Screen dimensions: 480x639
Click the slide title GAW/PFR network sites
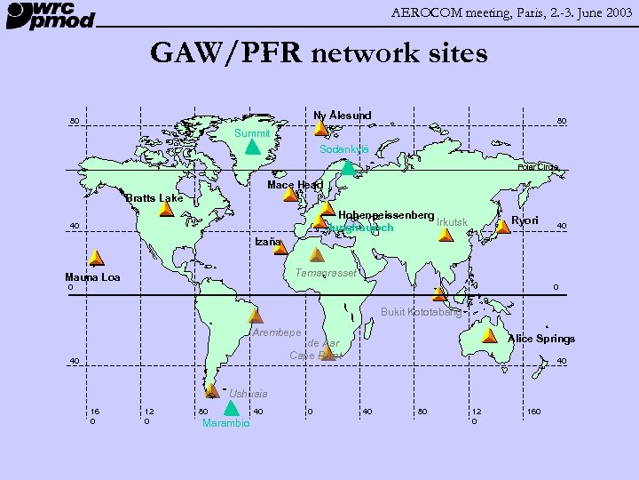coord(319,53)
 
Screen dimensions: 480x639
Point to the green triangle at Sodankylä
coord(349,165)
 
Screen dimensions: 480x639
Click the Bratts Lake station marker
coord(166,210)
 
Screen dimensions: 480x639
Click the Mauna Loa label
coord(92,277)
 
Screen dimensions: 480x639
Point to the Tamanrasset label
coord(325,273)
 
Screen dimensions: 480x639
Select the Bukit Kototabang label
coord(421,312)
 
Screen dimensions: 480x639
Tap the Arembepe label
coord(277,332)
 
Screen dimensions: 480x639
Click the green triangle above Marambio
coord(230,409)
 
